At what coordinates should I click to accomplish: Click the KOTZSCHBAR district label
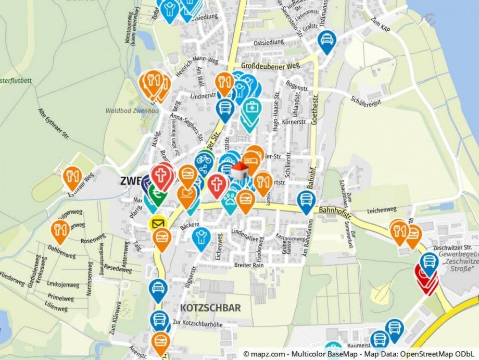click(x=210, y=308)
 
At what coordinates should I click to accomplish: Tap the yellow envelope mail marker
click(x=157, y=225)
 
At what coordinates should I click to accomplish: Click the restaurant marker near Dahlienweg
click(x=60, y=229)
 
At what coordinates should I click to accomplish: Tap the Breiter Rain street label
click(x=250, y=265)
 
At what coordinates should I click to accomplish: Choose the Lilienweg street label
click(x=56, y=306)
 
